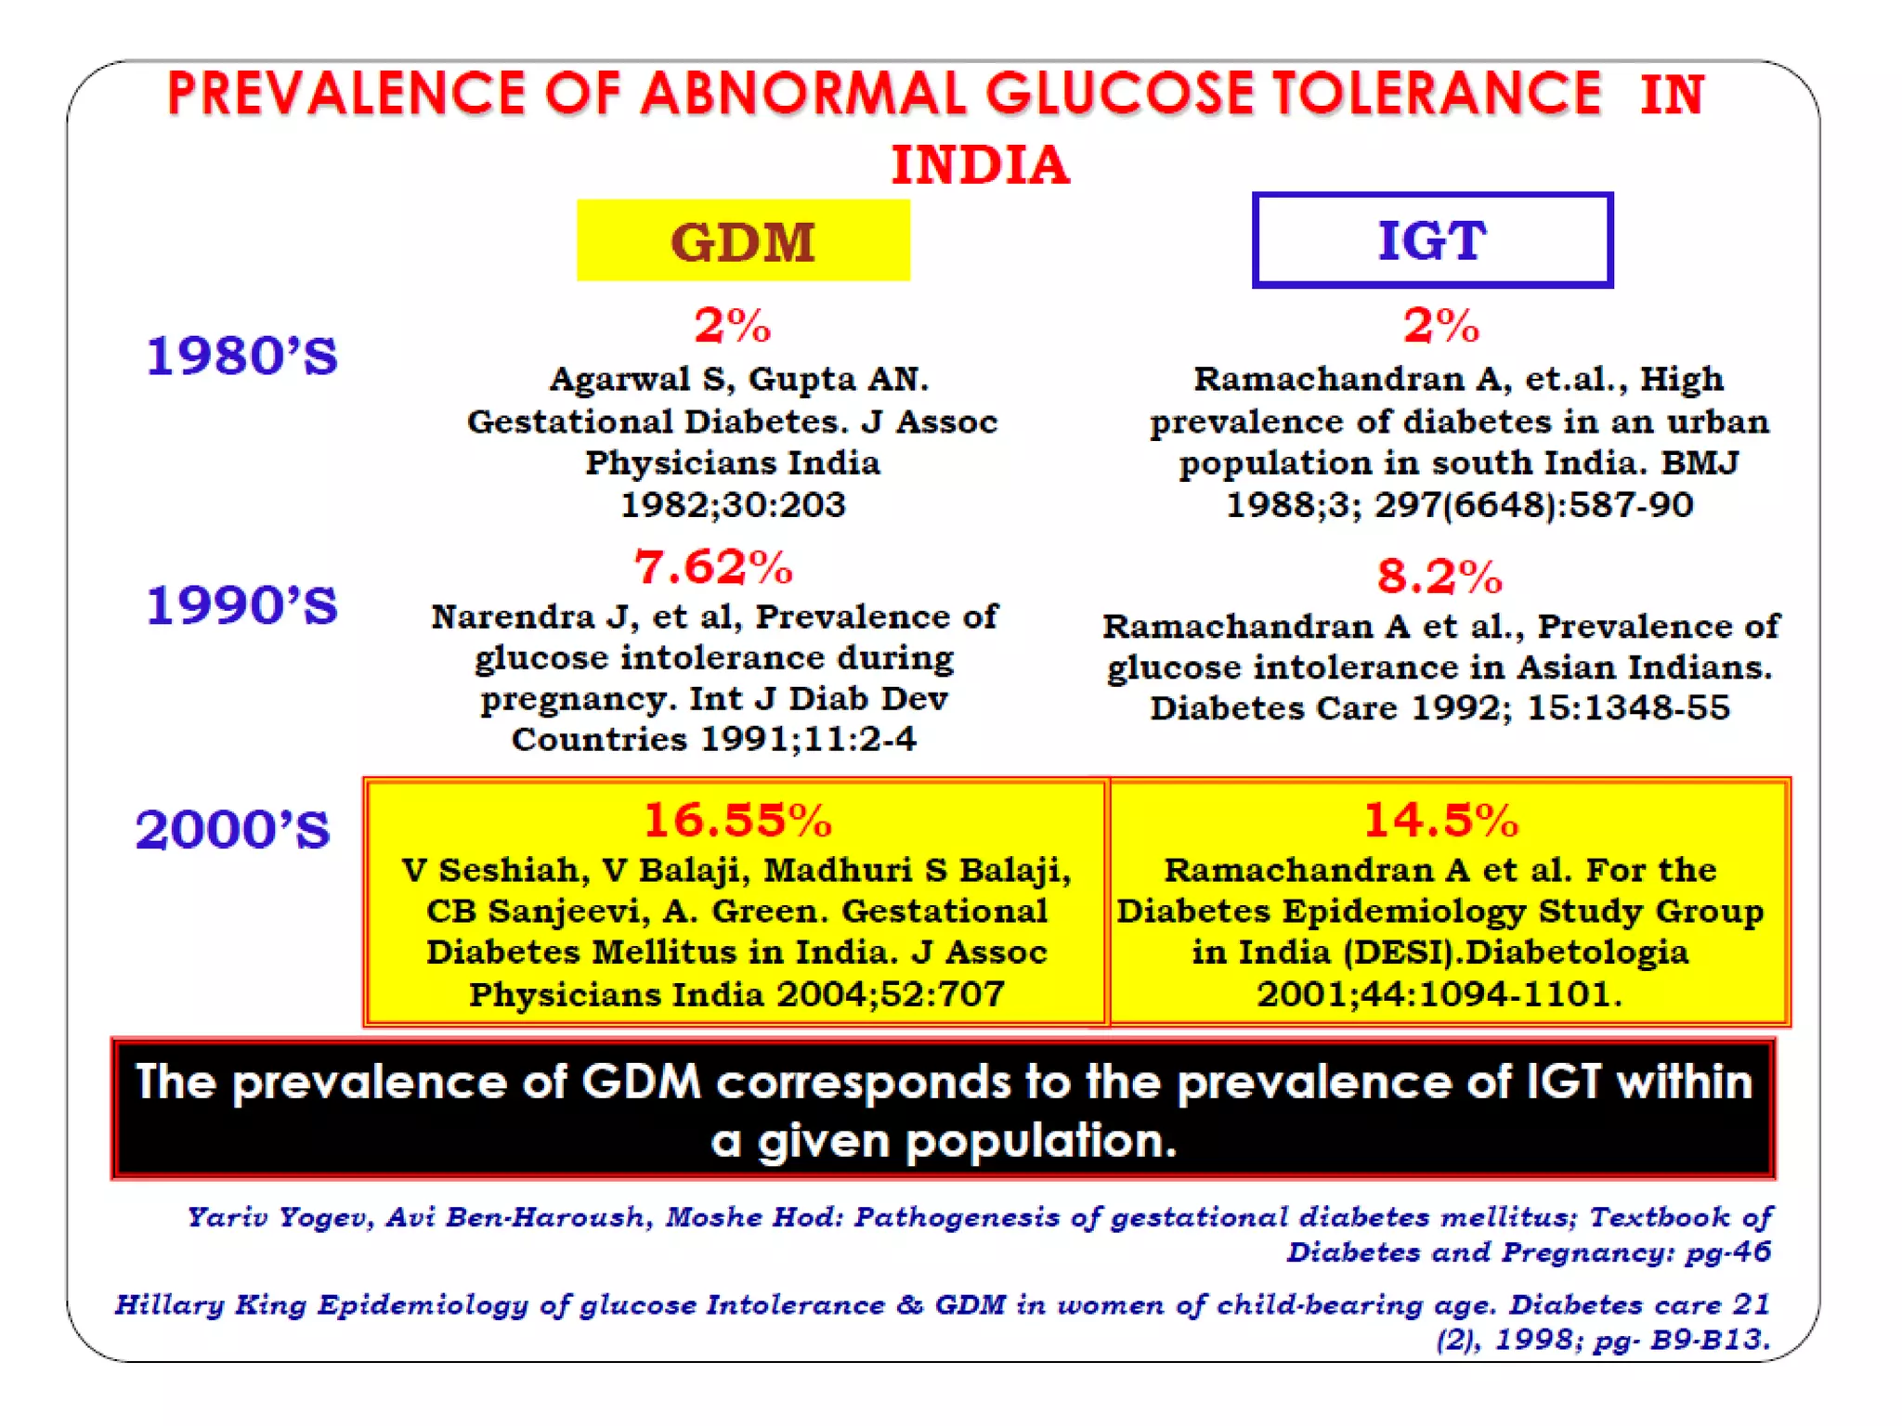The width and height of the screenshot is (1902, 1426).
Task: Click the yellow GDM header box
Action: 743,240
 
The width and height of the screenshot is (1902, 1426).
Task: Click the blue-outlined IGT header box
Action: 1431,240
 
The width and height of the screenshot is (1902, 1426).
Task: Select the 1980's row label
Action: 242,356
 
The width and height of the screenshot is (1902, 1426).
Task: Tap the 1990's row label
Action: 242,605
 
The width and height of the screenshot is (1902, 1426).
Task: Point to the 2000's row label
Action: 233,830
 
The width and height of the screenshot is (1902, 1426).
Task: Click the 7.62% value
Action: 713,567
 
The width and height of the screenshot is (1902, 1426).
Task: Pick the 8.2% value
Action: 1439,577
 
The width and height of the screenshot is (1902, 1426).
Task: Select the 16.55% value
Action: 737,820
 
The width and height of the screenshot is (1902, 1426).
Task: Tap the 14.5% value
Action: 1440,820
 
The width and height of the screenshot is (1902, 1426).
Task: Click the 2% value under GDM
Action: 733,326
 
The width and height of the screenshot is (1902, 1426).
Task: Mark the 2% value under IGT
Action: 1440,326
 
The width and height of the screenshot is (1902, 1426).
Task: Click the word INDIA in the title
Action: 981,165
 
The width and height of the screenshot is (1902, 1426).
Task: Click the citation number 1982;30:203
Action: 733,505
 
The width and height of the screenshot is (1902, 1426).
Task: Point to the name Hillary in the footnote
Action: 169,1304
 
